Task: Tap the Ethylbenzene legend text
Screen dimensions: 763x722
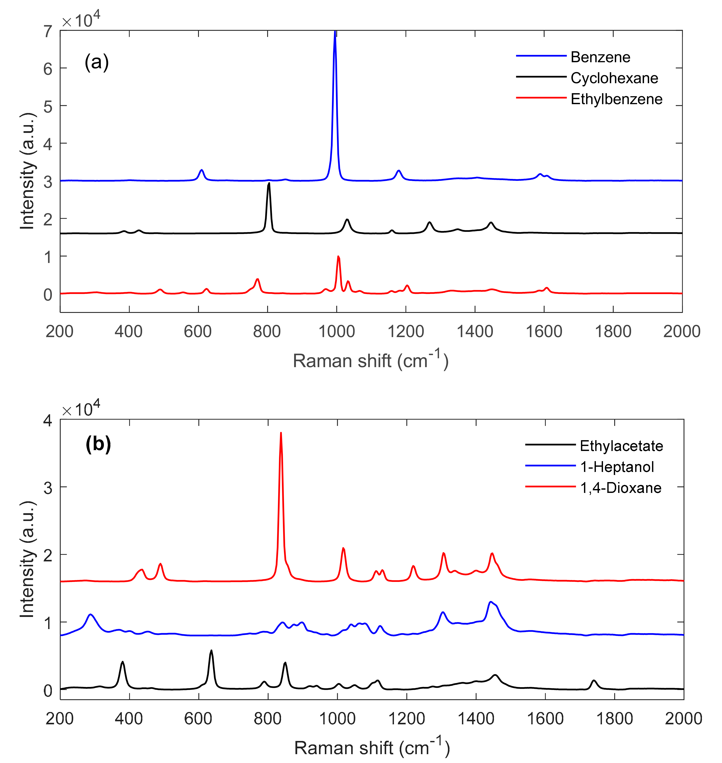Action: coord(616,99)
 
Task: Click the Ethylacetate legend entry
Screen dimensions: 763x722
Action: coord(621,446)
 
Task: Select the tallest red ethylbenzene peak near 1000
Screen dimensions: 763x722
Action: coord(338,257)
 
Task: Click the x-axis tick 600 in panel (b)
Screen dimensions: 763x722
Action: coord(198,718)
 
